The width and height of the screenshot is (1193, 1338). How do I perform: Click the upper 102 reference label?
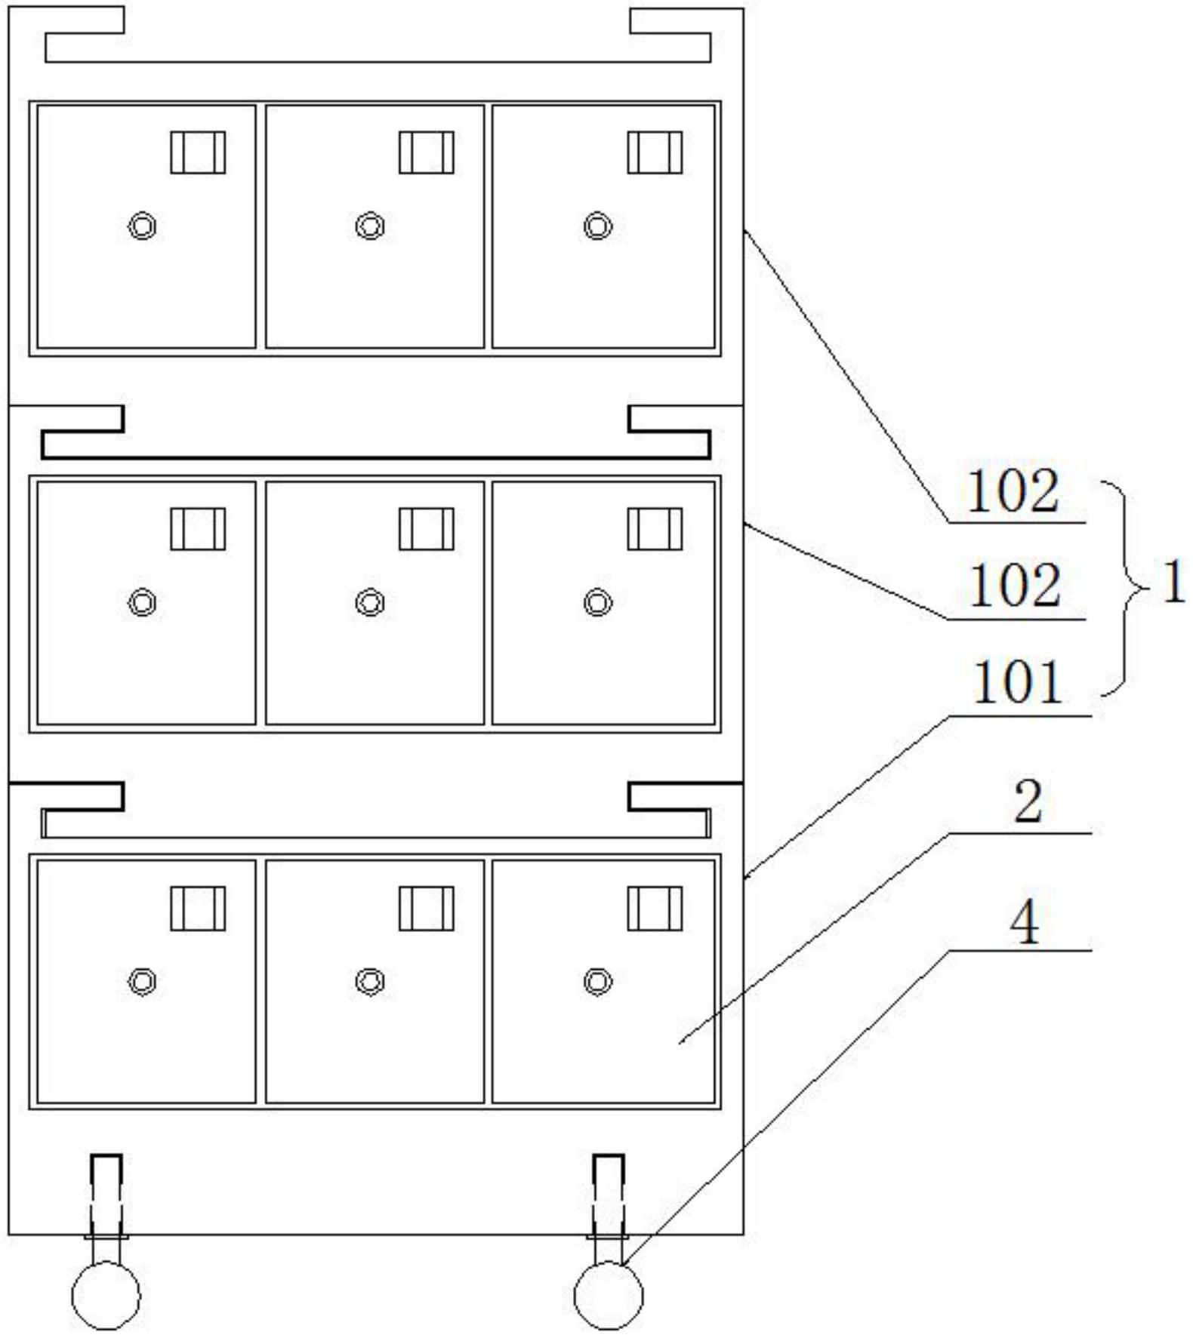[x=1013, y=492]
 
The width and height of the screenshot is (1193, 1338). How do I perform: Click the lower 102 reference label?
[x=1014, y=586]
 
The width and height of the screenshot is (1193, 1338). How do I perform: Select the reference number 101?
[x=1017, y=682]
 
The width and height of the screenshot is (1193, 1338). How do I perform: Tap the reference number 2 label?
[x=1028, y=801]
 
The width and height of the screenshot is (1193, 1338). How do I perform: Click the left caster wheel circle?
[x=106, y=1295]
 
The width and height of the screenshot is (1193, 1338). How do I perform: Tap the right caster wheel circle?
[x=609, y=1295]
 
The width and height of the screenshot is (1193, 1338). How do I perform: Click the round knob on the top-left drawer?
[x=142, y=226]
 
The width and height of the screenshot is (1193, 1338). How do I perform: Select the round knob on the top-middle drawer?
[x=370, y=226]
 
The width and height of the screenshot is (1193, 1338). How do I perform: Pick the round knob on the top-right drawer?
[x=598, y=226]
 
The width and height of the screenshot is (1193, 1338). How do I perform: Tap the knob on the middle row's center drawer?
[x=370, y=602]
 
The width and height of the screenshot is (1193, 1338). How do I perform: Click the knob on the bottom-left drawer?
[x=142, y=981]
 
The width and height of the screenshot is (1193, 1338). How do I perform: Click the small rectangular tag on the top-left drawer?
[x=198, y=152]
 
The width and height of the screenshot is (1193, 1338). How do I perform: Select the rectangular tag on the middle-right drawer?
[x=655, y=529]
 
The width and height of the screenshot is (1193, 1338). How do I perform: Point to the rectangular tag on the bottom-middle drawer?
[x=427, y=909]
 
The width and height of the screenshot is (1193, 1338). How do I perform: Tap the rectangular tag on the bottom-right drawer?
[x=655, y=909]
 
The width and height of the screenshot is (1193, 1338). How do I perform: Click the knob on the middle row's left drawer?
[x=142, y=602]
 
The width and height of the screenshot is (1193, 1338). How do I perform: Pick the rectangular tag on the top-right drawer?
[x=655, y=152]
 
